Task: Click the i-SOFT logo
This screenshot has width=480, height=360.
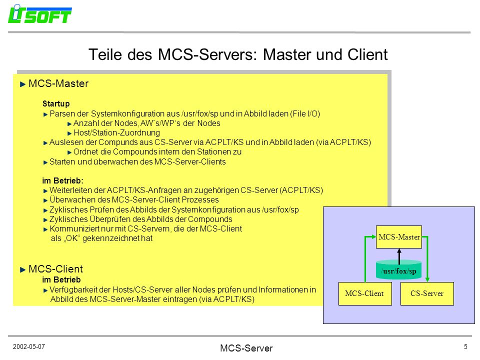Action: [x=40, y=14]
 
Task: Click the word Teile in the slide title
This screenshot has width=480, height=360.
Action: [x=105, y=54]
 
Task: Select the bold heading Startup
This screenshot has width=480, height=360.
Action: [x=56, y=104]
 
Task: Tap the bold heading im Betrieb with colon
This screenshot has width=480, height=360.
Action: [x=63, y=180]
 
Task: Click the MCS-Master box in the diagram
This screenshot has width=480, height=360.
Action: [x=399, y=237]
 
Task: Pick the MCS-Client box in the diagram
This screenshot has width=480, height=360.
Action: [x=365, y=293]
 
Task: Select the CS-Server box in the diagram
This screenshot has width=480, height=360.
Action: [x=427, y=293]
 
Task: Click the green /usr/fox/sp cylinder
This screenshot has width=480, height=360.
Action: [x=399, y=269]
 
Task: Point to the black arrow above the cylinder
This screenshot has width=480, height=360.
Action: [x=399, y=256]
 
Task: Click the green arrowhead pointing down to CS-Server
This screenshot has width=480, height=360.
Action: [x=427, y=279]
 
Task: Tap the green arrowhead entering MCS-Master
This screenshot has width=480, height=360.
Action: [x=373, y=236]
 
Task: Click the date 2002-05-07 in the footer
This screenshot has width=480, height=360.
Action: [x=29, y=346]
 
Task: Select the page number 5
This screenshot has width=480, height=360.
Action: [x=465, y=346]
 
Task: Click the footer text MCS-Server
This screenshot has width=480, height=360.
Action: [x=246, y=348]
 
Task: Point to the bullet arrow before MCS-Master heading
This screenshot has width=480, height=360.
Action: [x=22, y=84]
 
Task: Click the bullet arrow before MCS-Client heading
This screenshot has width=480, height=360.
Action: [x=22, y=269]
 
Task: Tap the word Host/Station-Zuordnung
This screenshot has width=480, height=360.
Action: [x=116, y=133]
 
